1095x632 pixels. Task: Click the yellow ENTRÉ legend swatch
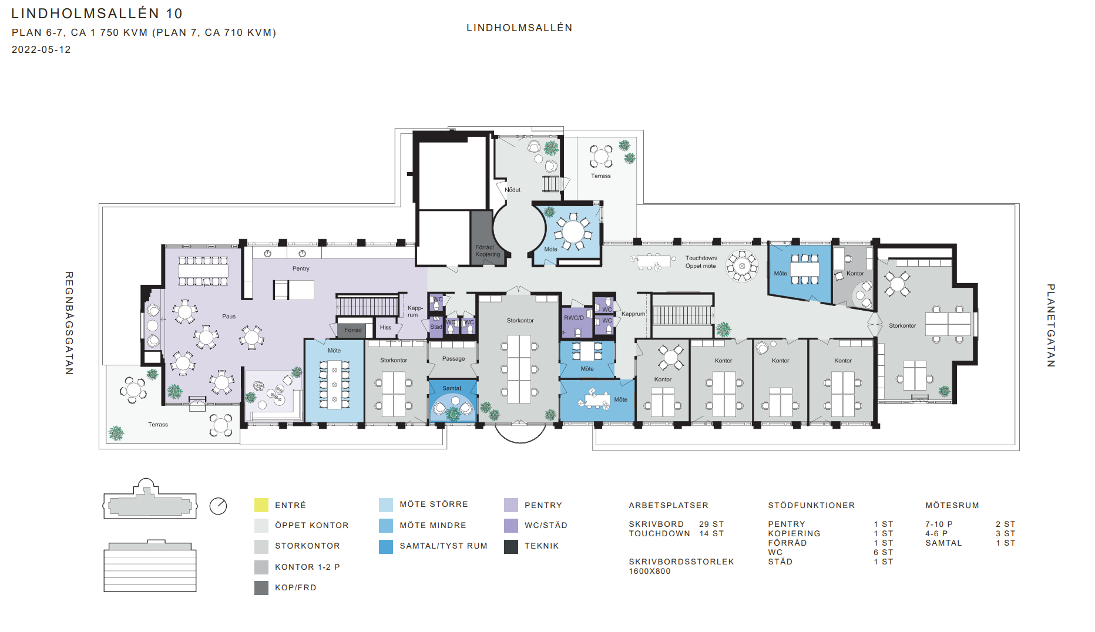pos(261,505)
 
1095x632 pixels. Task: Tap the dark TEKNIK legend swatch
pos(511,546)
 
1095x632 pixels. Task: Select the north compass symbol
pos(218,506)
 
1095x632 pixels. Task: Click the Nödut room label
pos(512,190)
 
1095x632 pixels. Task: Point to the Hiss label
pos(385,328)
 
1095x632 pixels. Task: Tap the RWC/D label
pos(574,318)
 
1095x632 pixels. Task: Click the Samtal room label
pos(452,388)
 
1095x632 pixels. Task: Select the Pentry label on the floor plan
pos(301,268)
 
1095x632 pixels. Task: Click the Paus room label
pos(229,317)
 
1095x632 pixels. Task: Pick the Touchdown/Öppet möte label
pos(701,262)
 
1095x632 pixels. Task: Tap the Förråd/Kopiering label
pos(488,251)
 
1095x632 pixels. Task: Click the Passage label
pos(454,358)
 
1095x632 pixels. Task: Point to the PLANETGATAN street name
pos(1051,325)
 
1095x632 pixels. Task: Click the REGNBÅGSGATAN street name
pos(69,323)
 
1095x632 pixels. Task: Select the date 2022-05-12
pos(41,50)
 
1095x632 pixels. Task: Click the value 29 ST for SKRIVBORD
pos(711,524)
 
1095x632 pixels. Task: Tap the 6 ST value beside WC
pos(883,552)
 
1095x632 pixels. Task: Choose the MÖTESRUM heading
pos(952,505)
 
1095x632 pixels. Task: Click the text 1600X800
pos(650,571)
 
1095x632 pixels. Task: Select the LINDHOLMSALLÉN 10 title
pos(97,14)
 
